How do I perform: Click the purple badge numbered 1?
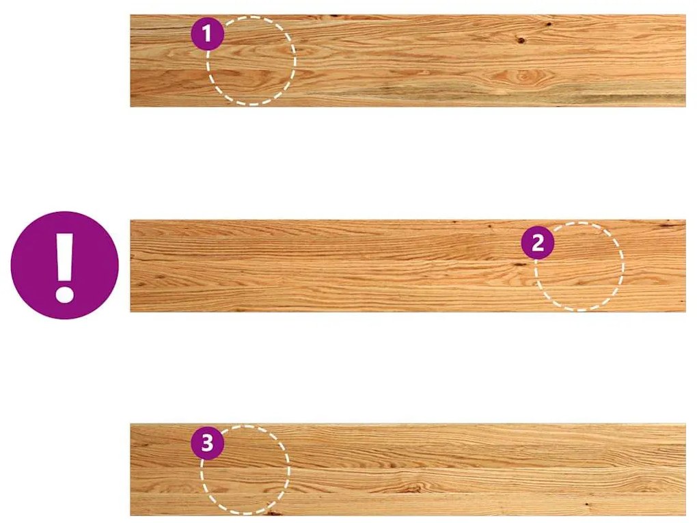[x=207, y=33]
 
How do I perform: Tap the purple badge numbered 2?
[x=538, y=243]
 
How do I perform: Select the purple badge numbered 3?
[x=207, y=444]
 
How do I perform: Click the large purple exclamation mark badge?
[x=64, y=265]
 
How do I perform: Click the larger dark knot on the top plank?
[x=521, y=41]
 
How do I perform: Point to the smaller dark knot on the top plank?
[x=549, y=23]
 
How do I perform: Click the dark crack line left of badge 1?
[x=161, y=29]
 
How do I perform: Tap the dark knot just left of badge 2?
[x=518, y=265]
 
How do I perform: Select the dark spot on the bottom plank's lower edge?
[x=272, y=513]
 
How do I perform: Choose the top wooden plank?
[x=408, y=60]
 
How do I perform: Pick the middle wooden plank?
[x=408, y=266]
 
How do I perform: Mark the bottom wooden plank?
[x=408, y=470]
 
